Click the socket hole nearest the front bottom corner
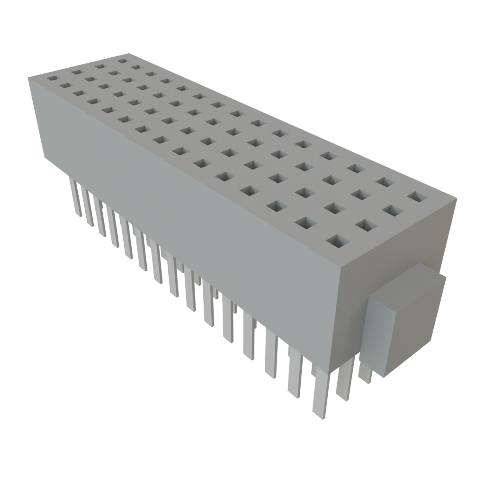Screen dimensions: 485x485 338,241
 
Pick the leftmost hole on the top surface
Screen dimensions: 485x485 52,77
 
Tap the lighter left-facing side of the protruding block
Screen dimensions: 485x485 379,334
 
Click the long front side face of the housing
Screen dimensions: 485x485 189,218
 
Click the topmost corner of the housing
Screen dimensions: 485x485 129,53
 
